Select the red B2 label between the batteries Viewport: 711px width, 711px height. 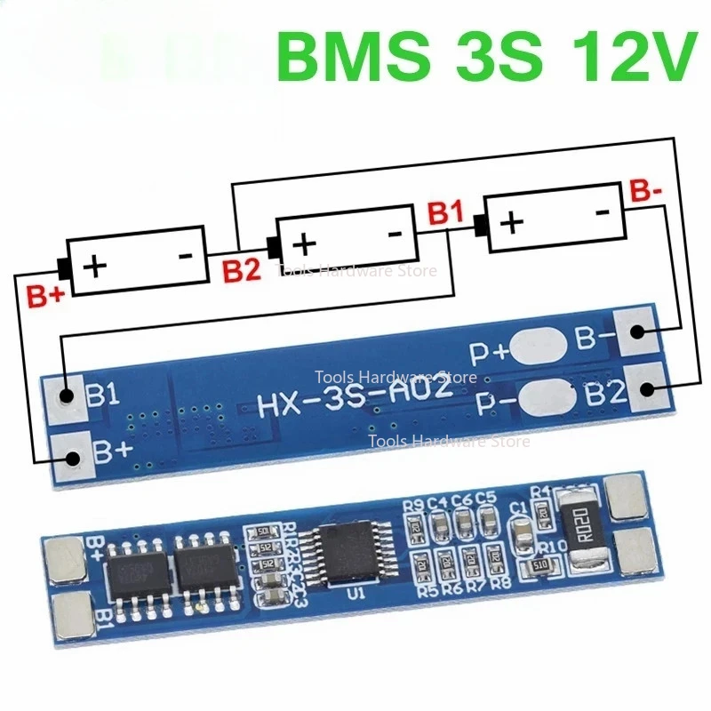(x=242, y=270)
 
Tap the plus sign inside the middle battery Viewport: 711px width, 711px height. (x=305, y=242)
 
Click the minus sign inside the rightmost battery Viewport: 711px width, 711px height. (x=602, y=212)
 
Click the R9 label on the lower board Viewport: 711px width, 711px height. (x=413, y=507)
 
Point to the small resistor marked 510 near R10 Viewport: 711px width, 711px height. (x=539, y=567)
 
